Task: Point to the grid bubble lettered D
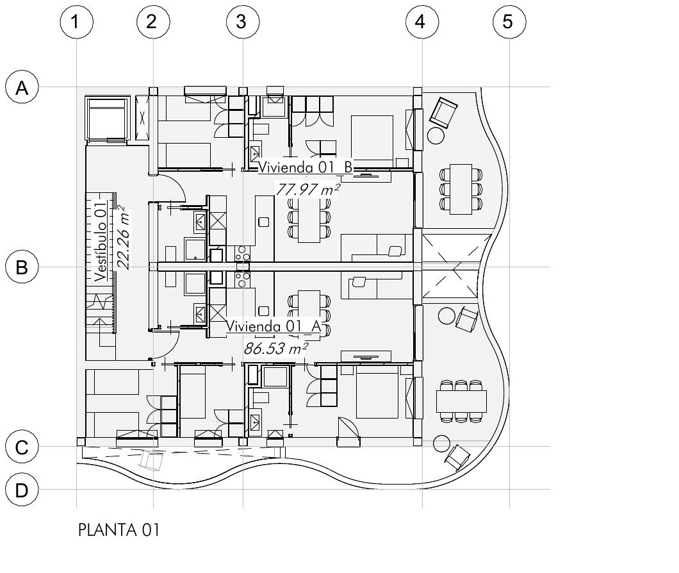(x=22, y=490)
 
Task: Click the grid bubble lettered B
(x=22, y=267)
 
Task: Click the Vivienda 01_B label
(x=306, y=167)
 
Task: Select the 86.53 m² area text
(x=276, y=348)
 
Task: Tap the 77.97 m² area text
(x=307, y=190)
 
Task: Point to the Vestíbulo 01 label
(x=101, y=242)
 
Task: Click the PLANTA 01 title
(x=119, y=529)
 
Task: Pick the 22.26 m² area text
(x=124, y=238)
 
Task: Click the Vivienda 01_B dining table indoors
(x=309, y=217)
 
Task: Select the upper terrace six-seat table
(x=461, y=189)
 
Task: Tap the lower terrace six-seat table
(x=461, y=401)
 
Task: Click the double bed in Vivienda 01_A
(x=377, y=392)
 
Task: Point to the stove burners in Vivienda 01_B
(x=243, y=254)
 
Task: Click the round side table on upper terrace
(x=436, y=136)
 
